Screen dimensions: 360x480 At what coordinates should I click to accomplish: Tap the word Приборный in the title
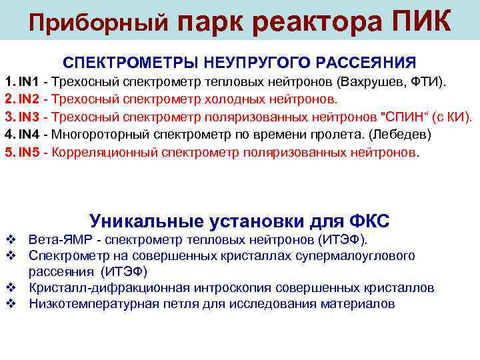99,24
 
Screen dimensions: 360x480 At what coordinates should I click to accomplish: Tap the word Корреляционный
101,152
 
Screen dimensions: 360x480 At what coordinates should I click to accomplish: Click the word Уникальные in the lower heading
144,221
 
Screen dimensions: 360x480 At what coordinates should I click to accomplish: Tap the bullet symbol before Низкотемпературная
9,304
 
